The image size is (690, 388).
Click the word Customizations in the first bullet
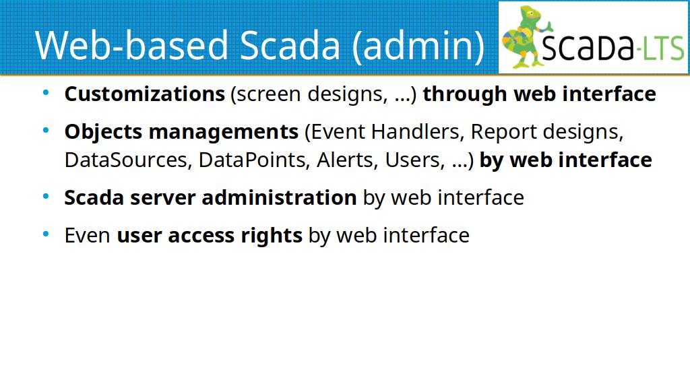point(145,94)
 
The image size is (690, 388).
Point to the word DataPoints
point(253,160)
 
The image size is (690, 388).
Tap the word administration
point(279,197)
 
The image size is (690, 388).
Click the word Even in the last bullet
point(87,235)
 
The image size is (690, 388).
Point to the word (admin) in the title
point(418,45)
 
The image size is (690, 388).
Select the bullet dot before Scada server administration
point(46,197)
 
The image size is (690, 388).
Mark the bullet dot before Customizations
point(46,93)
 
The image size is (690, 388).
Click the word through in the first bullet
point(465,94)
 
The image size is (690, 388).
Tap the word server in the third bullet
point(162,198)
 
